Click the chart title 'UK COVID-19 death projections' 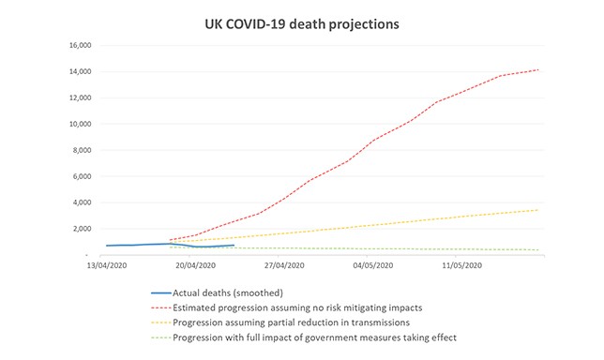click(x=302, y=22)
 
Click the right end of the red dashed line click(x=538, y=69)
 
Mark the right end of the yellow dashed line click(x=538, y=210)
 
